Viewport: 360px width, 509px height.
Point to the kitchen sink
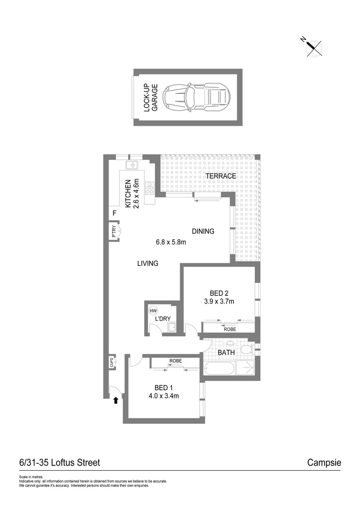tap(131, 165)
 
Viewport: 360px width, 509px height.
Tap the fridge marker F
tap(114, 213)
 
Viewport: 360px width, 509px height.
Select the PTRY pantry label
tap(114, 232)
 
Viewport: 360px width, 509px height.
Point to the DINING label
tap(203, 231)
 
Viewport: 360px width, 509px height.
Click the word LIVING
tap(147, 263)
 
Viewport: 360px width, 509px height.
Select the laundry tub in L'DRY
tap(172, 327)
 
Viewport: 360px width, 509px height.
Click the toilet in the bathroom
tap(246, 349)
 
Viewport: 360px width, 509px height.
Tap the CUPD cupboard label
tap(112, 362)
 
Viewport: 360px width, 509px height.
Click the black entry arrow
tap(115, 401)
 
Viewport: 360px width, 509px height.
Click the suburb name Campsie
tap(324, 463)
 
